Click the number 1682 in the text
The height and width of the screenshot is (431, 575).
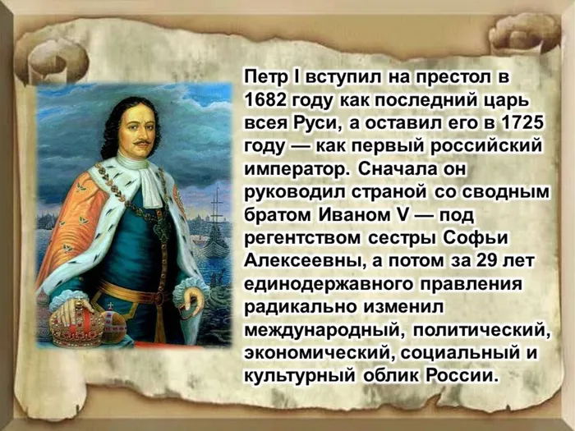[x=270, y=100]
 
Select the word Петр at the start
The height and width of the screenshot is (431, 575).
[x=266, y=76]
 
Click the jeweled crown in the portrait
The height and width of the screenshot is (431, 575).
[x=76, y=322]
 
